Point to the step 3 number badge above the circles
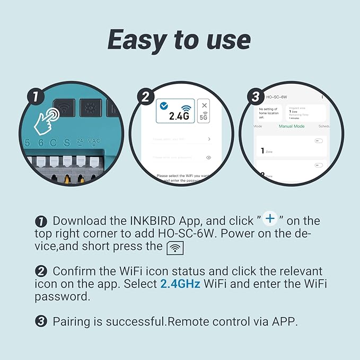point(256,97)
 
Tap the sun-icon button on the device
point(91,108)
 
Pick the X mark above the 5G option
point(205,105)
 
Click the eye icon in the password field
point(208,157)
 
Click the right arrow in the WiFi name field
point(209,139)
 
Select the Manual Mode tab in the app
point(292,126)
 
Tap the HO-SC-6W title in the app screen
point(277,98)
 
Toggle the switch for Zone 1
point(319,141)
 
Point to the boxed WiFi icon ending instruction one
point(175,248)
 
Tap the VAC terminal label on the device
point(94,142)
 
